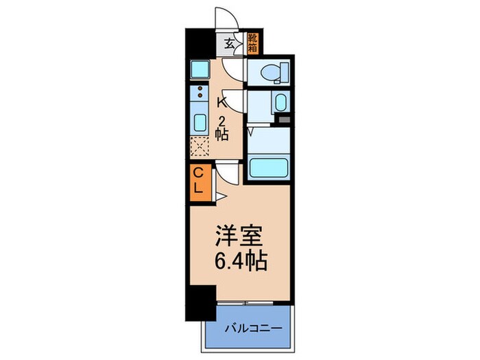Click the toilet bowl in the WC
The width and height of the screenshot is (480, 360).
[277, 71]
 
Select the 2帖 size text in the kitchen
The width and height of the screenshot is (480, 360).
[222, 128]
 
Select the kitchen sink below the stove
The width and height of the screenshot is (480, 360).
[199, 122]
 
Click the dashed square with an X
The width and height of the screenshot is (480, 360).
[199, 147]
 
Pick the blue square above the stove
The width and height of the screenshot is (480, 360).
[199, 68]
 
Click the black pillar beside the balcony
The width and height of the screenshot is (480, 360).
[200, 300]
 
